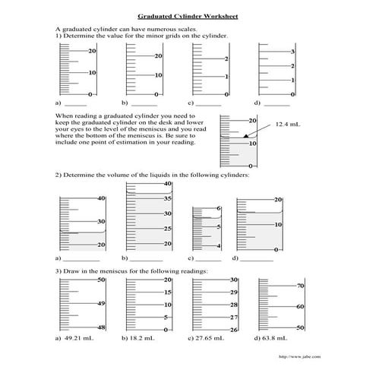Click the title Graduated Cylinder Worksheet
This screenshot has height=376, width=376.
(x=188, y=14)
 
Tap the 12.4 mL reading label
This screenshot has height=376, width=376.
(x=288, y=123)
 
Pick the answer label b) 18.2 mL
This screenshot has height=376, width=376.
(x=141, y=337)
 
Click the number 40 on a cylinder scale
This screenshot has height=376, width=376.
(x=100, y=198)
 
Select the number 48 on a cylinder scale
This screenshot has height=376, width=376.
(x=100, y=327)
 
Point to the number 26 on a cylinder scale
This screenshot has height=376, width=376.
(x=235, y=330)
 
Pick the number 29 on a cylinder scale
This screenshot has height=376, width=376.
(x=235, y=292)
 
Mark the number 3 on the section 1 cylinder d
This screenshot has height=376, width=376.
(x=292, y=52)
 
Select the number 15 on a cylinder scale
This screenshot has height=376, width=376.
(x=168, y=292)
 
